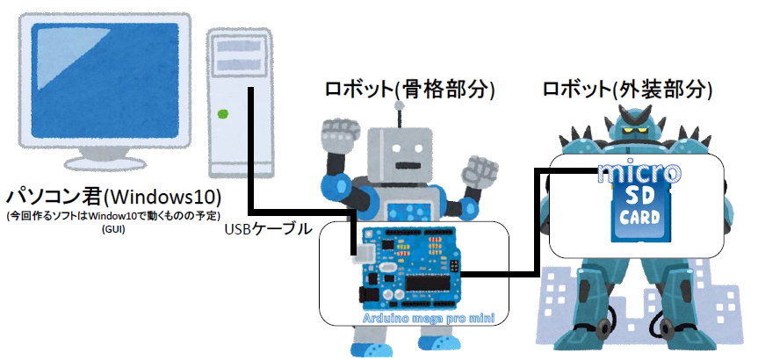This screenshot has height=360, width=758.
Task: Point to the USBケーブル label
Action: (x=268, y=230)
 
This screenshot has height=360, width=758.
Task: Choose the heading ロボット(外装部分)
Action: (x=627, y=89)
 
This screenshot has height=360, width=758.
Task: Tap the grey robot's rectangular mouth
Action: (x=406, y=164)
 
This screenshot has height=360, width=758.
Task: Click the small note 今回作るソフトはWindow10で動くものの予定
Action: (x=112, y=215)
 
